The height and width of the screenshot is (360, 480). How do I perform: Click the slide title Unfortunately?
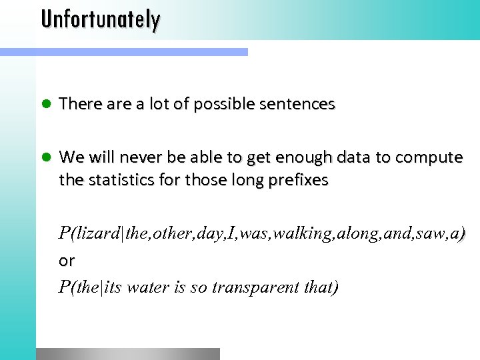(100, 19)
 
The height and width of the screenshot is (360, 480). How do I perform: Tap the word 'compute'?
(429, 158)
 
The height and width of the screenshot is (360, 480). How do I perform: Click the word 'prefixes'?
(298, 180)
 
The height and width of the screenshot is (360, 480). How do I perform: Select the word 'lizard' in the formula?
(99, 233)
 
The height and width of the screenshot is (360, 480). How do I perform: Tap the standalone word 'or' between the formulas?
(67, 261)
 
